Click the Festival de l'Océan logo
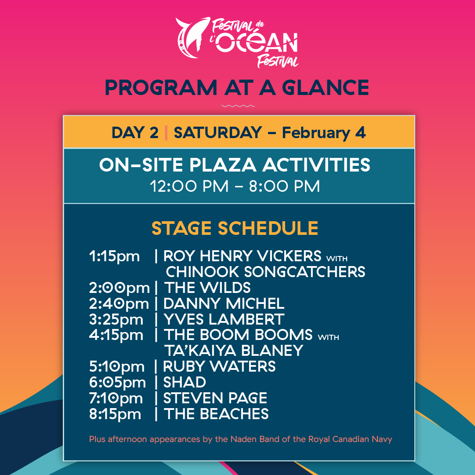click(237, 42)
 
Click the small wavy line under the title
click(238, 106)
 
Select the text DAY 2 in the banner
click(135, 132)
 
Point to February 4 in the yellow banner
click(324, 132)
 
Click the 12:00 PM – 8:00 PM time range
click(235, 186)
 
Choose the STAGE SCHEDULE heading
click(235, 228)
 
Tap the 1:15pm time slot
click(114, 256)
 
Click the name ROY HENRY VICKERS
click(242, 256)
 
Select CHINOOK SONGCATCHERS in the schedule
click(265, 272)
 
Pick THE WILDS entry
click(207, 288)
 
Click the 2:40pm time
click(119, 303)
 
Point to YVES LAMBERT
click(224, 319)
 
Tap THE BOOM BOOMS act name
click(238, 335)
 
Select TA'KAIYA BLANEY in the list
click(233, 351)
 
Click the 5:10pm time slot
click(116, 366)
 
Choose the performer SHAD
click(185, 382)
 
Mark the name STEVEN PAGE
click(215, 398)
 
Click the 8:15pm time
click(115, 414)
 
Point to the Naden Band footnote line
click(240, 439)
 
